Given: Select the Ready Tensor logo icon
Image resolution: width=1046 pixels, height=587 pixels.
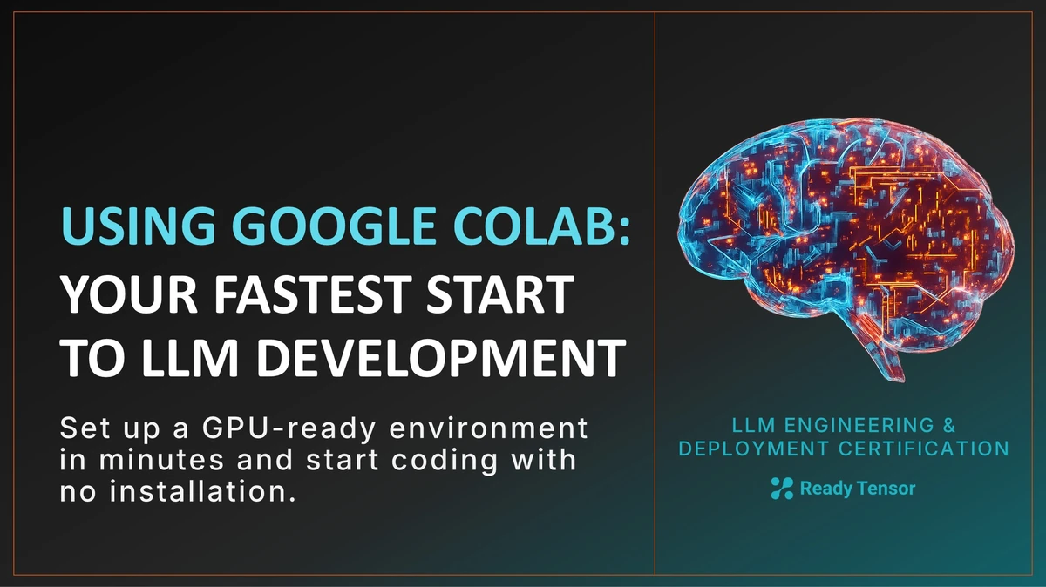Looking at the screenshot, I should (782, 489).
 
